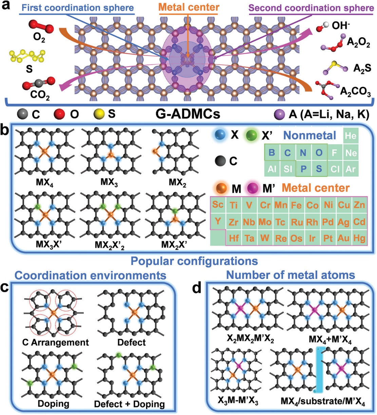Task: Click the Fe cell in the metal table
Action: coord(296,205)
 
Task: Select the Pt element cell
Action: coord(328,238)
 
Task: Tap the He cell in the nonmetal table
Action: coord(351,136)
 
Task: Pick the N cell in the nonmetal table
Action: coord(303,153)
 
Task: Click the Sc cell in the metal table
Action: coord(218,204)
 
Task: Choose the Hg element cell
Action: coord(359,238)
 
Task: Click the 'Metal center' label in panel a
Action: coord(189,7)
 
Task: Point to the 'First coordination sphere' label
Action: coord(76,8)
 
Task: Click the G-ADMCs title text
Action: coord(188,114)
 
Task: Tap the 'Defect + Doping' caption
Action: coord(129,404)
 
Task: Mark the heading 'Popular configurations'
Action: coord(194,261)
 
